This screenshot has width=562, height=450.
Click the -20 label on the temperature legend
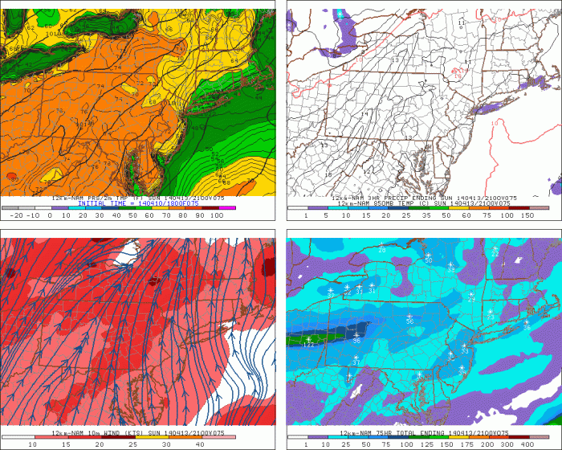[13, 216]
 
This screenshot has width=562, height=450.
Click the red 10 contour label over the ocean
[495, 124]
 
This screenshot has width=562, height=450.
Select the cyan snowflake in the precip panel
[340, 14]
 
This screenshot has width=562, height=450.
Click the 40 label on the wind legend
[200, 444]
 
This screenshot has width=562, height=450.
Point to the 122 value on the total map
[308, 346]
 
